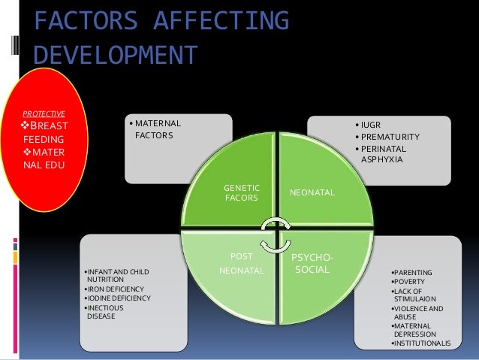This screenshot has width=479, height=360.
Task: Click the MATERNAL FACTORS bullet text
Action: coord(157,129)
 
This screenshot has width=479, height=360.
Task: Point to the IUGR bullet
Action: coord(371,124)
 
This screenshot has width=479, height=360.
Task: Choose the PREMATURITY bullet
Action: coord(389,136)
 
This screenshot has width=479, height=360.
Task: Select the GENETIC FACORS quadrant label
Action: coord(241,192)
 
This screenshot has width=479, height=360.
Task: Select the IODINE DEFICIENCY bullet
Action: coord(119,298)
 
